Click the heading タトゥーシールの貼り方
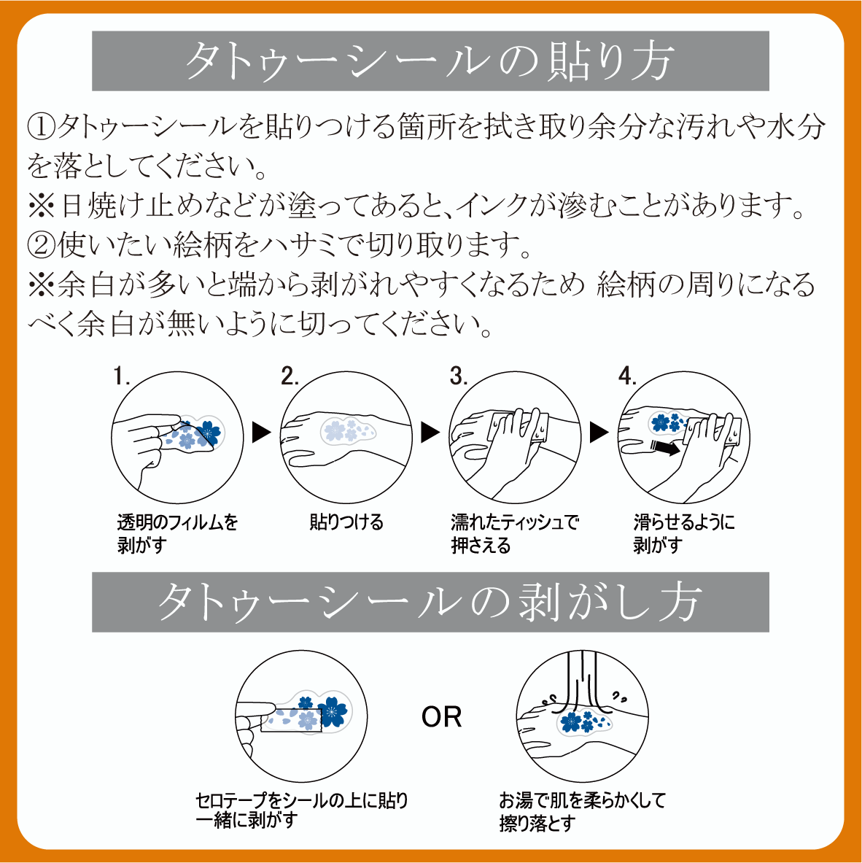[430, 61]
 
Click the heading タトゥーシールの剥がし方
[430, 602]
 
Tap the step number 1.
[121, 376]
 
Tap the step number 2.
[290, 376]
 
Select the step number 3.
[459, 376]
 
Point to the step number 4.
[627, 376]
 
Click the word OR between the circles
[441, 716]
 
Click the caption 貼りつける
[346, 522]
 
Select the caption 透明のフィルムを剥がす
[177, 533]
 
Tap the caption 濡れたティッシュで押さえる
[515, 533]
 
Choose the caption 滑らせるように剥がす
[684, 533]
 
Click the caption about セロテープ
[301, 810]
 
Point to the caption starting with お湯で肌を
[582, 811]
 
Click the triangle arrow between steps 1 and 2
[261, 432]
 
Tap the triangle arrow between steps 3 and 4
[599, 432]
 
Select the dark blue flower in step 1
[208, 433]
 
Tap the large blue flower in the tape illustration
[332, 711]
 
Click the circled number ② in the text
[42, 245]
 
